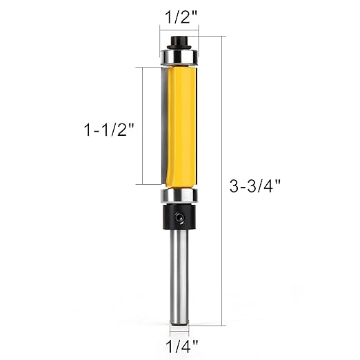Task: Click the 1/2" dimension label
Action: pyautogui.click(x=179, y=14)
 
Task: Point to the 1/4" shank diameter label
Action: pyautogui.click(x=180, y=341)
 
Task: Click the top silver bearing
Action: pyautogui.click(x=179, y=54)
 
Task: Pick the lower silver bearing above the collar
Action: pyautogui.click(x=179, y=196)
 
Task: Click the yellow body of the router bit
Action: pyautogui.click(x=182, y=124)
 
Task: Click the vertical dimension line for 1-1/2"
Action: pyautogui.click(x=143, y=126)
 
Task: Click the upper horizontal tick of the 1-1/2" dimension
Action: pyautogui.click(x=150, y=67)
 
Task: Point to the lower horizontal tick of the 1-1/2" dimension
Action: pyautogui.click(x=150, y=184)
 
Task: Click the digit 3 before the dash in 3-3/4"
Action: pyautogui.click(x=234, y=185)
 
